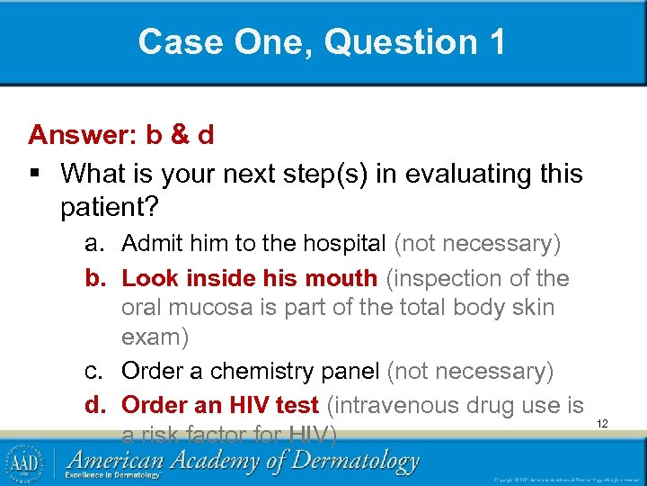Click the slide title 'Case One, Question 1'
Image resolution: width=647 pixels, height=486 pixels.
click(x=323, y=41)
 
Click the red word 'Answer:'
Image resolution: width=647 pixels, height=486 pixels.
click(x=82, y=135)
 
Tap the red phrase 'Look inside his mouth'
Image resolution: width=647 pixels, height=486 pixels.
click(x=249, y=279)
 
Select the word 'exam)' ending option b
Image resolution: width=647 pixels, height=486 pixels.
click(x=154, y=338)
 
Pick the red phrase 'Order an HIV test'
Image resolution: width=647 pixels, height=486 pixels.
click(x=220, y=406)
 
